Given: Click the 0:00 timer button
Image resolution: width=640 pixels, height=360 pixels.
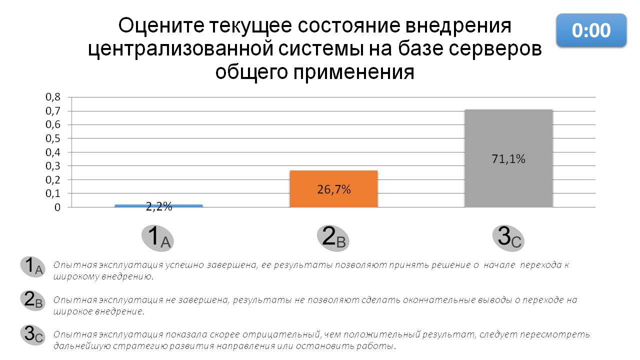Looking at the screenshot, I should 591,30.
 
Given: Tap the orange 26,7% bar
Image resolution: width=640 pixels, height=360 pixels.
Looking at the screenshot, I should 333,188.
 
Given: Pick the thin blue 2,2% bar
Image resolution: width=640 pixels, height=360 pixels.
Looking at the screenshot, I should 158,205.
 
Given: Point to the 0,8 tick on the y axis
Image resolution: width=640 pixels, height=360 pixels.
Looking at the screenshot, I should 53,97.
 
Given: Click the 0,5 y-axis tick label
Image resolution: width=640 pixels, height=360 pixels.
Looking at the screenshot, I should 53,138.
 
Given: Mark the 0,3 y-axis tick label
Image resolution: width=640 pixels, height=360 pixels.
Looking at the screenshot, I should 53,166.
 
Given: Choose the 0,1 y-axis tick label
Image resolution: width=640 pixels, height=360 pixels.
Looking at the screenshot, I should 53,193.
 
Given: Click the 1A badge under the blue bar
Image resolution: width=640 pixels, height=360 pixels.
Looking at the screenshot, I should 157,237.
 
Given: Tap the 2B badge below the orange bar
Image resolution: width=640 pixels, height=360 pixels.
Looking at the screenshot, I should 333,237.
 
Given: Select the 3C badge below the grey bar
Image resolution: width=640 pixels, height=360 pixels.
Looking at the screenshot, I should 508,237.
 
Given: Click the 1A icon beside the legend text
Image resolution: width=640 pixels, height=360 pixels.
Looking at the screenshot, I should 33,266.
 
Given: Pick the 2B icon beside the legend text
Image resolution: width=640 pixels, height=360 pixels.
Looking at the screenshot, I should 33,300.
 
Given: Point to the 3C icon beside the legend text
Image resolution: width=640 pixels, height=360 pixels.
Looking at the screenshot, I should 33,334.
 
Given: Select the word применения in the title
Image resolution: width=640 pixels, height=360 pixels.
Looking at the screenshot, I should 357,72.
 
